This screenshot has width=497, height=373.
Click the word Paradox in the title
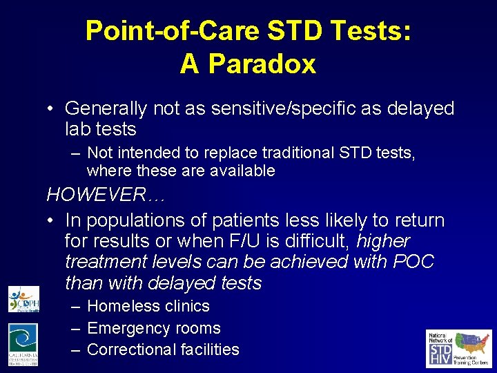coord(262,64)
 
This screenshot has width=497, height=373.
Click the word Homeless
coord(121,306)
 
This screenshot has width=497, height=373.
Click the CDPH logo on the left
coord(23,298)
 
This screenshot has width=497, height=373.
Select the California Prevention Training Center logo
coord(23,344)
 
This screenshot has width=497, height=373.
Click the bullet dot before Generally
coord(51,109)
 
